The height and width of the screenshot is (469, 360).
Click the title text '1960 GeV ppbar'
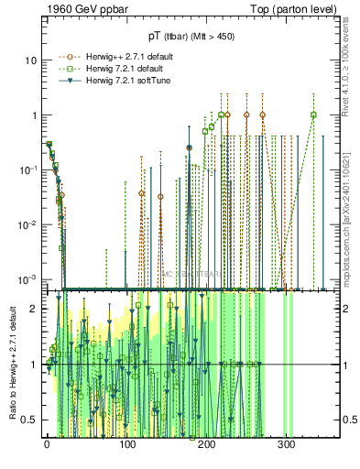click(77, 9)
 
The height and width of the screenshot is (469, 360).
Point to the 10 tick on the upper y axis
click(29, 60)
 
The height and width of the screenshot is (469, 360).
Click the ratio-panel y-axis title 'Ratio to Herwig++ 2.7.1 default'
click(12, 365)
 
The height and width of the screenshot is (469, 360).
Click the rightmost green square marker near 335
click(313, 115)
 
